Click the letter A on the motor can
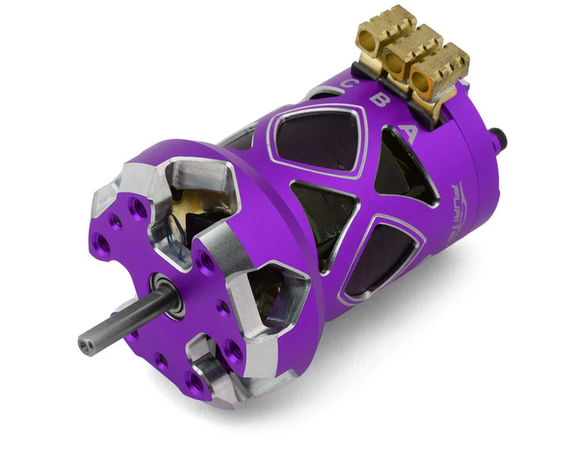pos(408,133)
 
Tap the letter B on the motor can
pos(379,100)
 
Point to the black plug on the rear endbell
pos(501,137)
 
